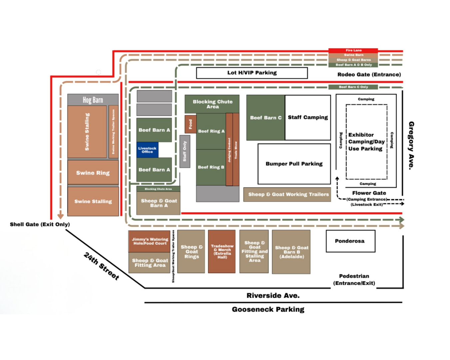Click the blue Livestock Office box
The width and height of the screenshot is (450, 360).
(x=147, y=150)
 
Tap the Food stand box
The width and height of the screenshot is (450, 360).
(x=190, y=124)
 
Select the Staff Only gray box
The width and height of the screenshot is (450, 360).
(x=185, y=151)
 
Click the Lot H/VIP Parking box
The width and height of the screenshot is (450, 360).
(x=252, y=73)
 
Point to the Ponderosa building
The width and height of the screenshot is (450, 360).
(x=350, y=241)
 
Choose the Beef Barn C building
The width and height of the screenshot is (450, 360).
(x=266, y=118)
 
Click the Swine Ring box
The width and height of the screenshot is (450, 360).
(x=93, y=173)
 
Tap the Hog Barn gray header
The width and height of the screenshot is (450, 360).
(x=93, y=100)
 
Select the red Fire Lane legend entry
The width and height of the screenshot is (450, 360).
(x=353, y=50)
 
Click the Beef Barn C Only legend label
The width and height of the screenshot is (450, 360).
(x=353, y=87)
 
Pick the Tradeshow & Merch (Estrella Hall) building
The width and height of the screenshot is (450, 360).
(x=222, y=251)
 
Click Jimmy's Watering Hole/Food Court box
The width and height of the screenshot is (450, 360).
(x=150, y=241)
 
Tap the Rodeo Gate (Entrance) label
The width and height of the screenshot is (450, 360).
(x=369, y=75)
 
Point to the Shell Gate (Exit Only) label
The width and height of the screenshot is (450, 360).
(x=40, y=224)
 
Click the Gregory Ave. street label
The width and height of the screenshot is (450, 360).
(x=412, y=145)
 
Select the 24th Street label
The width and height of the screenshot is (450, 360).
(x=101, y=266)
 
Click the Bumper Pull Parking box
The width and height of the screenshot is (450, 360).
(x=294, y=164)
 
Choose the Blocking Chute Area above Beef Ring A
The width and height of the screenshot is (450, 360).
(x=212, y=104)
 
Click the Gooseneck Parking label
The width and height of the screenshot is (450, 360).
(x=268, y=309)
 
